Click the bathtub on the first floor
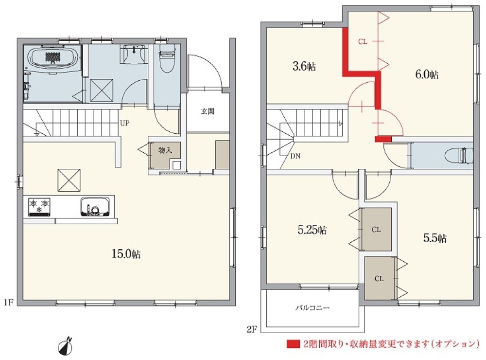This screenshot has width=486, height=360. click(52, 57)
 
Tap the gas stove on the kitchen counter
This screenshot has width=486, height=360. click(39, 206)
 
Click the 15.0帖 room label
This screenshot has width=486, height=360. click(126, 254)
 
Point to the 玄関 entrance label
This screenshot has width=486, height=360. click(208, 111)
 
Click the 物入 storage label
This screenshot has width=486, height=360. click(165, 150)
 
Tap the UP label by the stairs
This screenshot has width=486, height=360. click(124, 123)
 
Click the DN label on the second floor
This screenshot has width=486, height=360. click(295, 156)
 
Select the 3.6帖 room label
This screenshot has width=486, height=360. click(304, 67)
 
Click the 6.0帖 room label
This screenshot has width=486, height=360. click(427, 74)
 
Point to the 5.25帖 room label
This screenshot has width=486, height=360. click(312, 230)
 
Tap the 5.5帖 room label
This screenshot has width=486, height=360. click(435, 238)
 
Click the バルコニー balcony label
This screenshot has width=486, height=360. click(312, 308)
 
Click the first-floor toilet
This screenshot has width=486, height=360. click(167, 59)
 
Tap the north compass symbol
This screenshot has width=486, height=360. click(66, 345)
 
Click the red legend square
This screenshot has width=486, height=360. click(293, 344)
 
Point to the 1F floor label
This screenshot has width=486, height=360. click(9, 302)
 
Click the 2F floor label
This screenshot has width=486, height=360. click(252, 329)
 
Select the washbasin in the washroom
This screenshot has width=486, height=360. click(134, 54)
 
